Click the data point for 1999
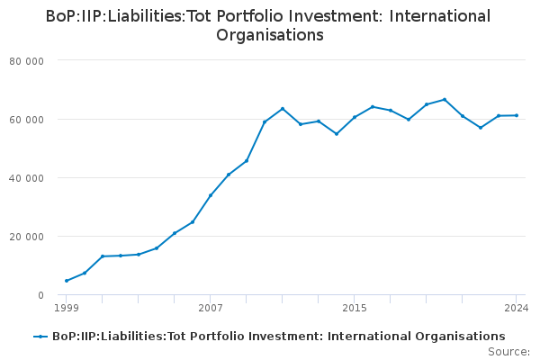click(x=67, y=281)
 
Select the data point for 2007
click(x=211, y=195)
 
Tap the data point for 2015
click(x=355, y=117)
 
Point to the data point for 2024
click(x=517, y=115)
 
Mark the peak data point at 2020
click(x=445, y=99)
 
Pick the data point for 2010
click(x=265, y=122)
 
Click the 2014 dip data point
click(x=337, y=134)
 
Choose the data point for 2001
click(x=103, y=256)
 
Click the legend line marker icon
click(x=40, y=337)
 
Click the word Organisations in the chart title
click(x=270, y=36)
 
